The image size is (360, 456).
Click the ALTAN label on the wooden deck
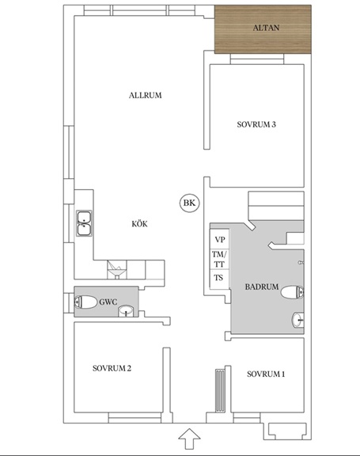[266, 28]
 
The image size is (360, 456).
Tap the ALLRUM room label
[146, 95]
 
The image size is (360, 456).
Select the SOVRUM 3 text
[256, 124]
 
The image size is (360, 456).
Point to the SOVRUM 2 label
[112, 368]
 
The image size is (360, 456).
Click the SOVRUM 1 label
[266, 374]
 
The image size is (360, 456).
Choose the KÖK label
[139, 223]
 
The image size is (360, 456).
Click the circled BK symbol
[189, 203]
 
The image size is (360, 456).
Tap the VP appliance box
[220, 239]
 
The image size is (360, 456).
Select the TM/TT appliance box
[220, 259]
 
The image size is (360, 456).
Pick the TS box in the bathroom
[220, 279]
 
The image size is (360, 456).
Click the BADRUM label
[262, 287]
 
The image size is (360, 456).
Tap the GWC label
[108, 302]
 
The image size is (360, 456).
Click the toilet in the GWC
[85, 302]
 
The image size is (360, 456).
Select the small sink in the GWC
[126, 311]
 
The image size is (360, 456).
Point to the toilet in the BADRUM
[292, 292]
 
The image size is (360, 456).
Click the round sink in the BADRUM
[297, 320]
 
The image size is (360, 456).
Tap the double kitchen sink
[84, 223]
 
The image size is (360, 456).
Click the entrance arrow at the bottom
[189, 439]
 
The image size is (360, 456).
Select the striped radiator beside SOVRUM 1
[220, 390]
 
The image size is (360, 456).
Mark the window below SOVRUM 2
[135, 418]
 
